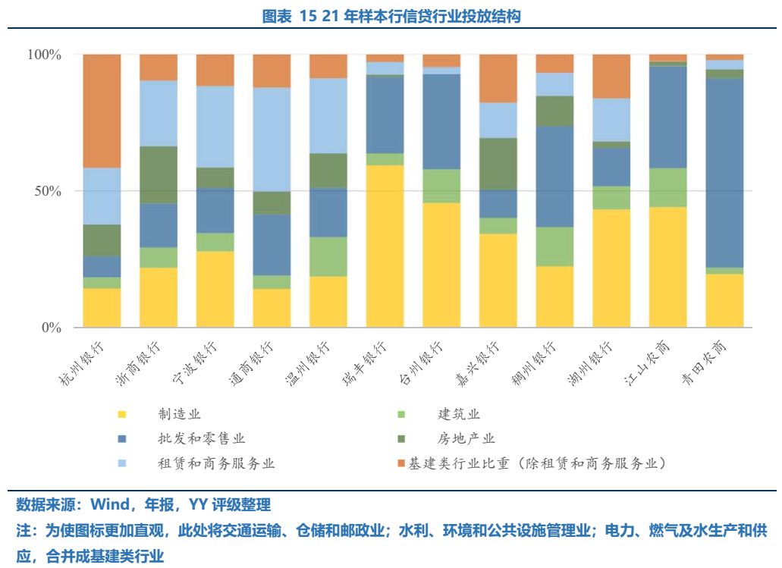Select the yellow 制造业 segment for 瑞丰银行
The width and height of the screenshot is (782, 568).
[x=385, y=246]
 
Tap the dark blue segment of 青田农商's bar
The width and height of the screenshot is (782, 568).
[x=724, y=173]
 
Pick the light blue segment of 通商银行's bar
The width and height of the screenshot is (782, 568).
[x=271, y=139]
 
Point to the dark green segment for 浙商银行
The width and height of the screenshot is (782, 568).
[x=158, y=174]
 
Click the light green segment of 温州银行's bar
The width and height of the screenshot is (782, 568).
[x=328, y=256]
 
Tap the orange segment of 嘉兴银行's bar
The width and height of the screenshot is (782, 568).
[x=498, y=78]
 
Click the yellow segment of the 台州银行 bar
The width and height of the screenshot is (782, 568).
[x=441, y=265]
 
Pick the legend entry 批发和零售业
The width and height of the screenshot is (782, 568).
[x=201, y=438]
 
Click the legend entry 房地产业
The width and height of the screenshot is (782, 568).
[x=465, y=438]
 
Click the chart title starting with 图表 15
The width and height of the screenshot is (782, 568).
[x=391, y=16]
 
